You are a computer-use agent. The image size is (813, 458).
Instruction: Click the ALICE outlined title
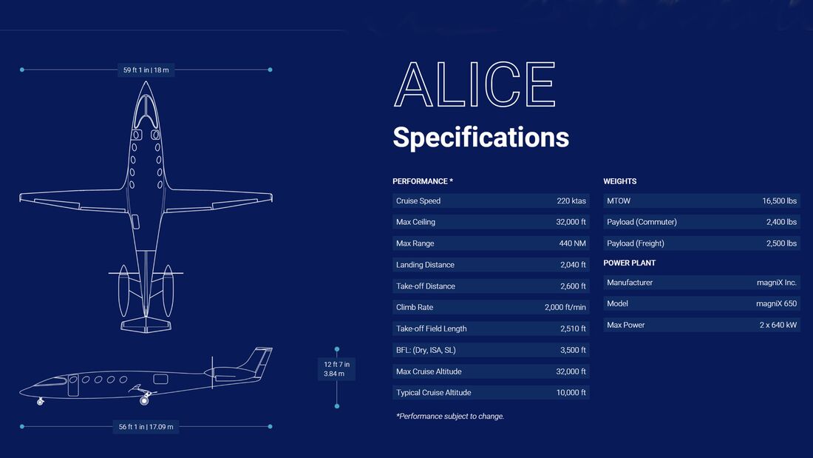click(474, 84)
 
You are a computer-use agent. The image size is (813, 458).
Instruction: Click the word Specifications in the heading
click(480, 137)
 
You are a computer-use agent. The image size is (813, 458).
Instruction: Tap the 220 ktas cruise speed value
click(571, 201)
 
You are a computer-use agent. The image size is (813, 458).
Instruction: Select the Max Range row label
click(415, 243)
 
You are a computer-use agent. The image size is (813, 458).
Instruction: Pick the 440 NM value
click(572, 243)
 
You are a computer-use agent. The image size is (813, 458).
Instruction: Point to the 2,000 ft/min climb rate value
click(565, 307)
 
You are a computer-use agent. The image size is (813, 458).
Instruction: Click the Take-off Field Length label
click(432, 329)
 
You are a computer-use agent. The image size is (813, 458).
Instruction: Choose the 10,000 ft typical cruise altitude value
click(571, 393)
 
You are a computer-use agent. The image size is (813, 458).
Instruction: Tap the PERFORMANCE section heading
click(423, 181)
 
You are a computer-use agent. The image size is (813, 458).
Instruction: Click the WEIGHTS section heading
click(619, 181)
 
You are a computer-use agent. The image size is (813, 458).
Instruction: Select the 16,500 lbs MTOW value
click(779, 201)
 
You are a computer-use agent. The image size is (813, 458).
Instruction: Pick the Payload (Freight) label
click(635, 243)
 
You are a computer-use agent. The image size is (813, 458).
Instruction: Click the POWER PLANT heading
click(630, 263)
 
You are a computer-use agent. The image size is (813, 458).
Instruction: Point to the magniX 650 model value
click(776, 304)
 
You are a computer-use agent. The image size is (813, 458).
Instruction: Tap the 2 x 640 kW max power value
click(778, 325)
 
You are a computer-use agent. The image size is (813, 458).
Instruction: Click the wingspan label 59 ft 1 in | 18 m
click(146, 70)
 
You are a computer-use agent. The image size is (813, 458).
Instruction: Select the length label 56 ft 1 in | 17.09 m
click(146, 427)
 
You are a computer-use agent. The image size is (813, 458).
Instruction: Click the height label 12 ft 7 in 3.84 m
click(336, 368)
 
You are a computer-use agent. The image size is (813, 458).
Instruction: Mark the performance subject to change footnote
click(450, 416)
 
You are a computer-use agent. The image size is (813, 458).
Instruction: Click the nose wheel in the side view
click(41, 402)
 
